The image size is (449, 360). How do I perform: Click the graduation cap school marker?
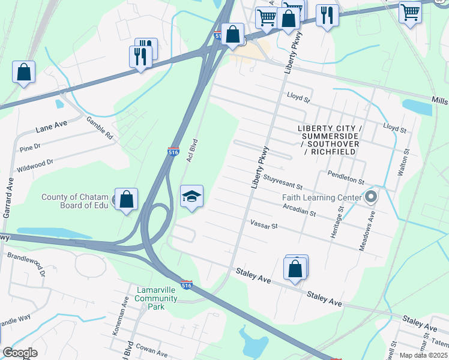coord(192,197)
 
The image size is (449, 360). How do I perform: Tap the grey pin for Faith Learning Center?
coord(371,197)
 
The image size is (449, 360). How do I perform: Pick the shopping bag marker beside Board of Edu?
coord(127,200)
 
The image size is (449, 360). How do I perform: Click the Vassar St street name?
coord(264,226)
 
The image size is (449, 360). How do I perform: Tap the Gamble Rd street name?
coord(99,128)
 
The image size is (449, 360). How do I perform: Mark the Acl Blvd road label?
coord(191,151)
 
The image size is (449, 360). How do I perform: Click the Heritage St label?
coord(340,220)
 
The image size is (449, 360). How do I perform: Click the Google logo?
coord(20,353)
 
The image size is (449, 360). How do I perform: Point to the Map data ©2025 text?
coord(423,355)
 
